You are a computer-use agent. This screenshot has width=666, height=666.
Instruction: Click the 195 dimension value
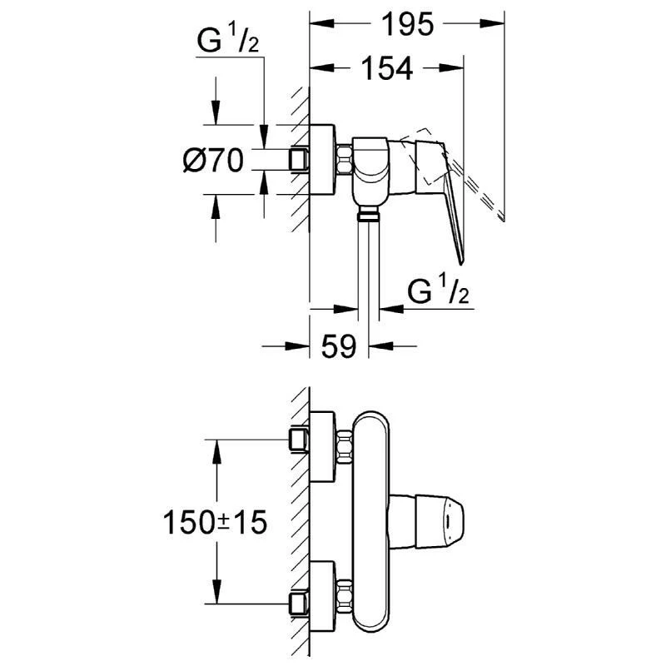pyautogui.click(x=409, y=26)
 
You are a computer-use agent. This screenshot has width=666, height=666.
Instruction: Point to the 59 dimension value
pyautogui.click(x=339, y=345)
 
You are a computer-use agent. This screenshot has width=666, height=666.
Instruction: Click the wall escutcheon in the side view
pyautogui.click(x=323, y=161)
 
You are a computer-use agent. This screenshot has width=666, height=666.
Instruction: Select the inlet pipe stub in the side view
pyautogui.click(x=297, y=159)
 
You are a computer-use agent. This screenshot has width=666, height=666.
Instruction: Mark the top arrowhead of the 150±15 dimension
pyautogui.click(x=217, y=446)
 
